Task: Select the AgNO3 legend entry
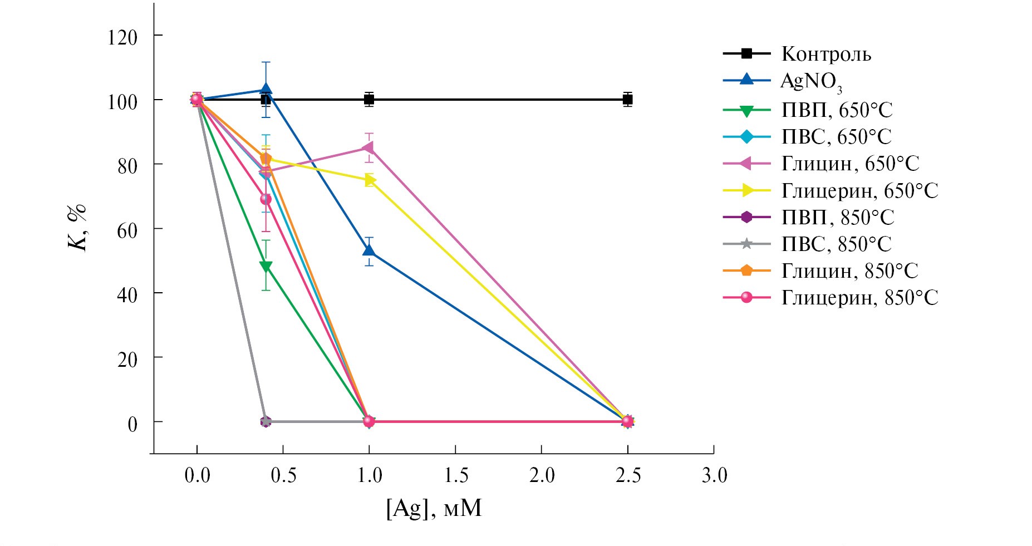pyautogui.click(x=810, y=81)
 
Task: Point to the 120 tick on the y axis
pyautogui.click(x=122, y=37)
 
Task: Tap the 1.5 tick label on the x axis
pyautogui.click(x=455, y=475)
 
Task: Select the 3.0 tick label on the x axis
pyautogui.click(x=714, y=475)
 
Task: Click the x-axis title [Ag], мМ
pyautogui.click(x=434, y=508)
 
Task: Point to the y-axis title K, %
pyautogui.click(x=78, y=228)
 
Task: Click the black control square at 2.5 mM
pyautogui.click(x=627, y=100)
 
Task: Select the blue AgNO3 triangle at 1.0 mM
pyautogui.click(x=368, y=250)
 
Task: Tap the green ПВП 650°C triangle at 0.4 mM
pyautogui.click(x=266, y=267)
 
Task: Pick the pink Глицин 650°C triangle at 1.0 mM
pyautogui.click(x=368, y=148)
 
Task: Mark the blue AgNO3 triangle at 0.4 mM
pyautogui.click(x=266, y=89)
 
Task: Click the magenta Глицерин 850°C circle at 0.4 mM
pyautogui.click(x=266, y=199)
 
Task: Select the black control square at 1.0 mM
pyautogui.click(x=368, y=100)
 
